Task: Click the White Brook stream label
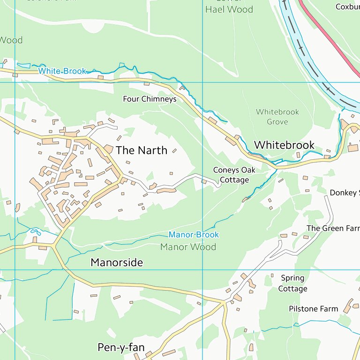pos(62,71)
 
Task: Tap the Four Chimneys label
pos(150,99)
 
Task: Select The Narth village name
pos(141,150)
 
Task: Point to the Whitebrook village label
pos(284,145)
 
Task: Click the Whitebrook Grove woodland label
pos(277,117)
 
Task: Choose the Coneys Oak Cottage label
pos(234,175)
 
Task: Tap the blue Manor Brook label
pos(194,235)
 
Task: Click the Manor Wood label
pos(188,247)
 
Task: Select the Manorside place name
pos(117,262)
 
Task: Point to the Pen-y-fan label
pos(121,347)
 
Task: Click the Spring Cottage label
pos(292,284)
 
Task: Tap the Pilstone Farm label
pos(313,309)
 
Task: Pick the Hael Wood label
pos(229,9)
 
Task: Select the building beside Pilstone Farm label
pos(348,306)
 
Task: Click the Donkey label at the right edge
pos(345,193)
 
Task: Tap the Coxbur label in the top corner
pos(347,7)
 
